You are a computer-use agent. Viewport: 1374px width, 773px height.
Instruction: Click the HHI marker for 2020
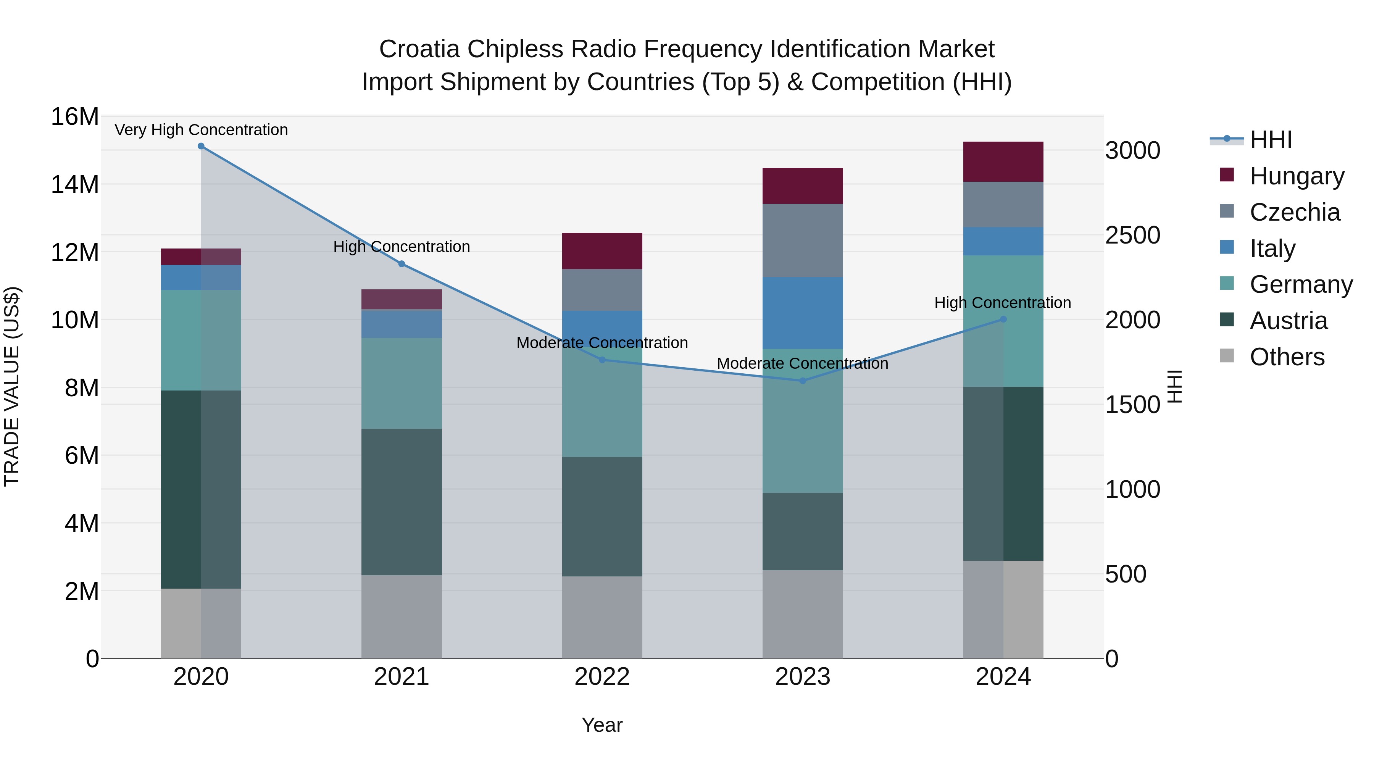pyautogui.click(x=201, y=146)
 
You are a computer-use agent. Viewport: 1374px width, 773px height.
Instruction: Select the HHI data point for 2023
pyautogui.click(x=803, y=381)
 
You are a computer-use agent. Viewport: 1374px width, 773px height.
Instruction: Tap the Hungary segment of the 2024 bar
pyautogui.click(x=1003, y=161)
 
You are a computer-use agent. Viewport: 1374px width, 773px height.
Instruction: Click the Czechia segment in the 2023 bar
pyautogui.click(x=803, y=240)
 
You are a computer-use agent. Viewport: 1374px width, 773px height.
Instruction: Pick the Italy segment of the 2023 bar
pyautogui.click(x=803, y=313)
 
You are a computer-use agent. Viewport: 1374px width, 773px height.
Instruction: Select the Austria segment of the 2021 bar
pyautogui.click(x=402, y=502)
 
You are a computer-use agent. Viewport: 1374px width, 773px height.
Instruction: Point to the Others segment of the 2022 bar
pyautogui.click(x=602, y=617)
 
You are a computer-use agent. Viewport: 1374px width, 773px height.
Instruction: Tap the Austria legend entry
pyautogui.click(x=1288, y=321)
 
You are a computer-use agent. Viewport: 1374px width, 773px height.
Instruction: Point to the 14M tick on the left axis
pyautogui.click(x=75, y=185)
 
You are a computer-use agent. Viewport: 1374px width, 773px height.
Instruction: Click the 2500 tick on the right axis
pyautogui.click(x=1132, y=235)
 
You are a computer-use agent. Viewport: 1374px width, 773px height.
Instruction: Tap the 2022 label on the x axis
pyautogui.click(x=602, y=677)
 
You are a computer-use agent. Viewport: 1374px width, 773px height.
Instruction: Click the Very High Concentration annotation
pyautogui.click(x=201, y=130)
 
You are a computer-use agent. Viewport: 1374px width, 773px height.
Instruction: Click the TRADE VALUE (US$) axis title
pyautogui.click(x=12, y=386)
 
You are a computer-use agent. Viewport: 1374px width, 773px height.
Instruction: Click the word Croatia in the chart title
pyautogui.click(x=419, y=49)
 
